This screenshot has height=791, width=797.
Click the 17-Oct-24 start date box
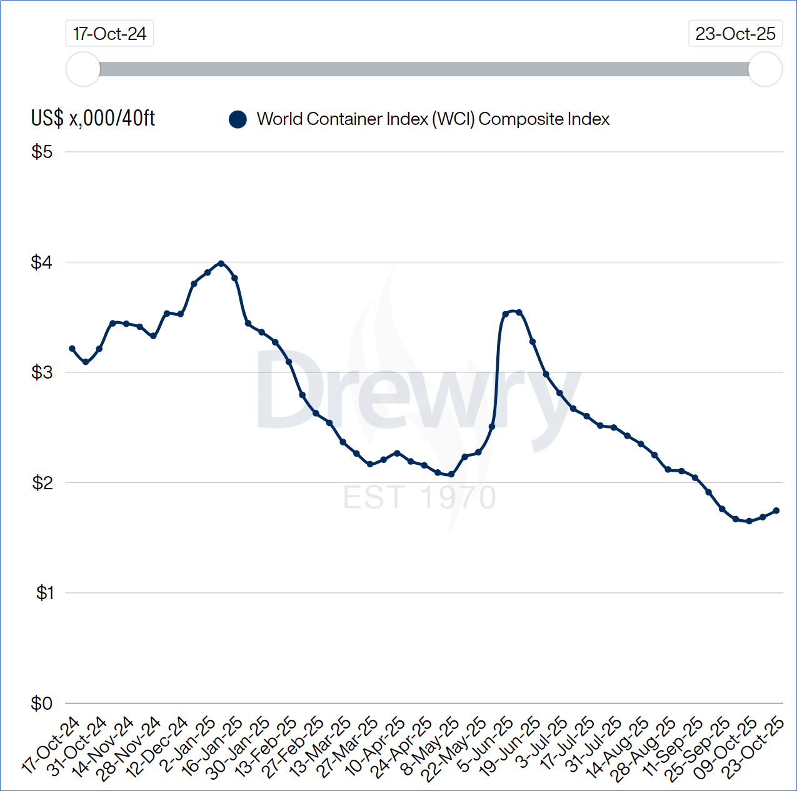coord(109,34)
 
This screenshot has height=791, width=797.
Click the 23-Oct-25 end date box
coord(735,34)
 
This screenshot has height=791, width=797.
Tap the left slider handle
coord(83,69)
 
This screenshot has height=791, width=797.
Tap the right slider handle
coord(765,69)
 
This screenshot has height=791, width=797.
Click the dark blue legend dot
coord(238,119)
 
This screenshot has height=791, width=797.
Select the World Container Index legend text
coord(433,119)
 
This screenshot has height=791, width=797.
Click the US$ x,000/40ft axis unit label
coord(93,118)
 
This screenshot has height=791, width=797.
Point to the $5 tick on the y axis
coord(42,152)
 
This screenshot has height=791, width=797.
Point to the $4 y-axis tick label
coord(42,262)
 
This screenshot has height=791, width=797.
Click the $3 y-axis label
coord(42,372)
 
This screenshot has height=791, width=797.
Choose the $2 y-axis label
coord(42,483)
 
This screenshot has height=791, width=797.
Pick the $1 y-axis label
coord(44,593)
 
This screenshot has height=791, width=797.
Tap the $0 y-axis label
coord(42,704)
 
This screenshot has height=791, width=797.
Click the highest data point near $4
coord(221,264)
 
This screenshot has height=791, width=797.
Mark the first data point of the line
coord(72,349)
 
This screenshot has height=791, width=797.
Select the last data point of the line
coord(776,510)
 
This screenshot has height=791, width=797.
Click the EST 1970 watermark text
coord(420,498)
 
